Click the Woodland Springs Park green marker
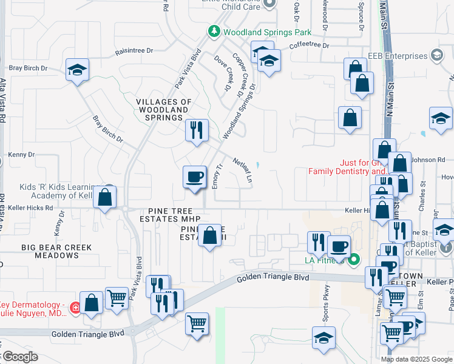(x=214, y=31)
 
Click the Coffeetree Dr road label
(x=309, y=45)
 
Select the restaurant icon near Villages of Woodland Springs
(x=196, y=130)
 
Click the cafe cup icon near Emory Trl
(x=194, y=177)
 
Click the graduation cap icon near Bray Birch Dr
(x=77, y=70)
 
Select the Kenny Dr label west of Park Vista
(x=22, y=155)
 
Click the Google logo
(x=19, y=357)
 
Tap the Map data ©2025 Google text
(x=416, y=359)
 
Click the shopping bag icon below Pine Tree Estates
(x=210, y=235)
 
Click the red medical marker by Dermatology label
(x=75, y=308)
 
